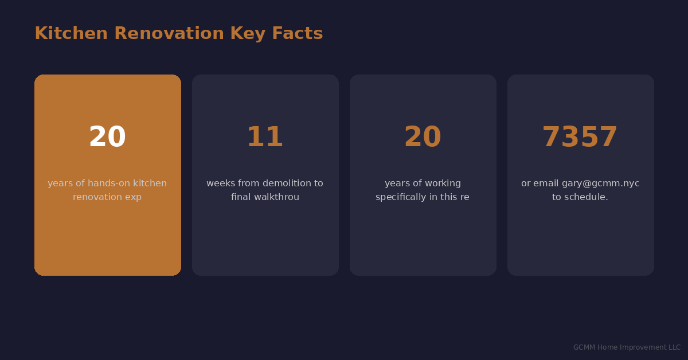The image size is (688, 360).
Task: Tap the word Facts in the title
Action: point(297,34)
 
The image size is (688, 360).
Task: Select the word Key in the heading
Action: point(248,34)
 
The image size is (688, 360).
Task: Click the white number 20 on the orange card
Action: point(107,138)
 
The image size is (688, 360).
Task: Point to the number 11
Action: point(265,138)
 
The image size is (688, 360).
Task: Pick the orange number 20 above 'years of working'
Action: point(423,138)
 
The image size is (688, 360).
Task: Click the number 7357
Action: point(580,138)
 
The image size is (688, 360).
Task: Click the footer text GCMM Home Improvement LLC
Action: point(627,347)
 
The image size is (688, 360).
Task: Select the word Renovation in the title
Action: point(169,34)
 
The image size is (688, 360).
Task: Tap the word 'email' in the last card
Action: point(546,183)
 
